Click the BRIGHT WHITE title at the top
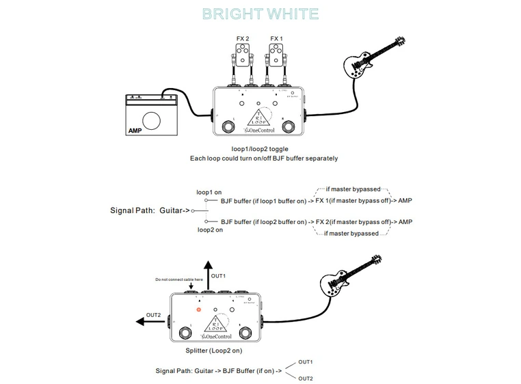click(x=260, y=14)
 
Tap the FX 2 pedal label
click(x=243, y=39)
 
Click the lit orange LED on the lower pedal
click(x=199, y=310)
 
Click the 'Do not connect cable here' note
click(x=179, y=279)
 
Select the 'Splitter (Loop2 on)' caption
click(x=213, y=351)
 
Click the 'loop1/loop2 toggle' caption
click(x=260, y=148)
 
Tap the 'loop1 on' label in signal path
click(x=209, y=192)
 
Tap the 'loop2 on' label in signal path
click(x=210, y=230)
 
